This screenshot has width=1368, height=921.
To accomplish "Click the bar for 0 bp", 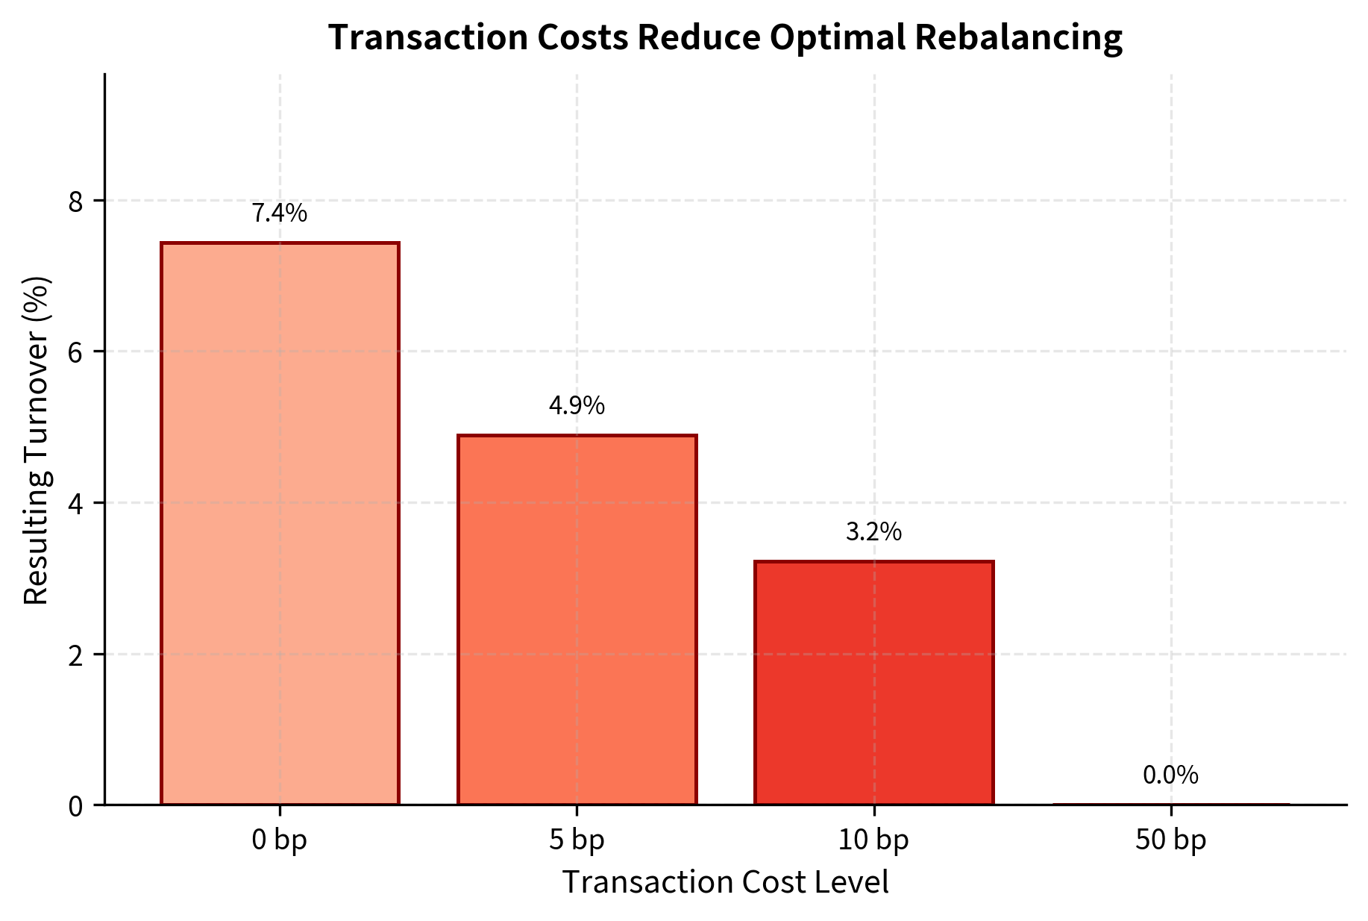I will (280, 523).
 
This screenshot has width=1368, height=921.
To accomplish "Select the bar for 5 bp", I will (577, 619).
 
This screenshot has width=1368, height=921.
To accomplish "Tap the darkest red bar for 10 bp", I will (873, 683).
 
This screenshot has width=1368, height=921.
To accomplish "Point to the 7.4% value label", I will (280, 213).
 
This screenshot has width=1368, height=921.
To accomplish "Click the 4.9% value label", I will (577, 406).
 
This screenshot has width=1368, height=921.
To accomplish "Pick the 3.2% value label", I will (873, 532).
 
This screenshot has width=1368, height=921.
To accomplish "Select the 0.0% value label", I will (1170, 775).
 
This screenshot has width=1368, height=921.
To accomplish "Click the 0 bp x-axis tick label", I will (280, 841).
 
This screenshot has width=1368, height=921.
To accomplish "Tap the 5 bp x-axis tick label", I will (577, 841).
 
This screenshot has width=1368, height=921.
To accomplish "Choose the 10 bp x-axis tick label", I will (873, 841).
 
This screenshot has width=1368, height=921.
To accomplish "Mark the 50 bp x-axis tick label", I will (1170, 841).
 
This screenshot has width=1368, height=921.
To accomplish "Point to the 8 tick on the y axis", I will (75, 201).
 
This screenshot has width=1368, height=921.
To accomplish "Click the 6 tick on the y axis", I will (75, 352).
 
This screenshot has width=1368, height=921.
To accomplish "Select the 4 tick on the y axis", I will (75, 504).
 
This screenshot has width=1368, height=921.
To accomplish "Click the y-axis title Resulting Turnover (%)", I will (37, 440).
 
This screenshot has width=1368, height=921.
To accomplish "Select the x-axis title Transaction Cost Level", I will (725, 882).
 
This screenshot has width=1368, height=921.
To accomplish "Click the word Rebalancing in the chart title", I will (1018, 37).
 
